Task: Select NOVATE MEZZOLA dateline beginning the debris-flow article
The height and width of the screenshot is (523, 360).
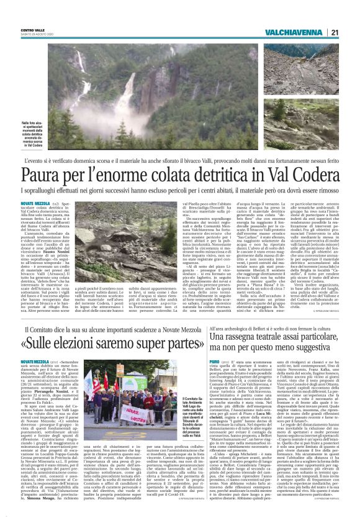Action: (35, 202)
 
